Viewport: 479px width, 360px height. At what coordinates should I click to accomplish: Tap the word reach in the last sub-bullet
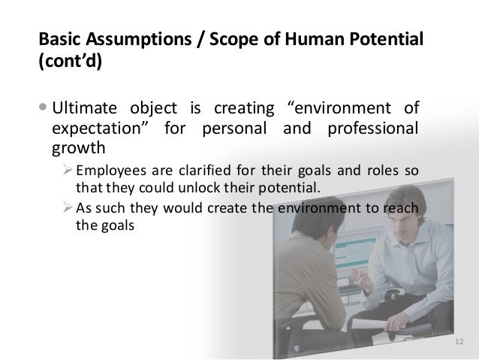[x=402, y=208]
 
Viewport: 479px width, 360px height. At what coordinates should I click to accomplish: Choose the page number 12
[x=459, y=343]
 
